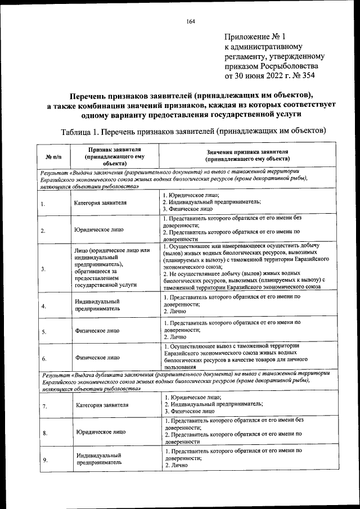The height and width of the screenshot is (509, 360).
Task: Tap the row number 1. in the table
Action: (x=43, y=204)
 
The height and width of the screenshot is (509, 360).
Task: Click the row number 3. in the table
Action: (x=43, y=269)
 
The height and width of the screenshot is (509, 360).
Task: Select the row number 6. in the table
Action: (x=44, y=357)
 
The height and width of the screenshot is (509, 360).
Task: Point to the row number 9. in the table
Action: (x=44, y=460)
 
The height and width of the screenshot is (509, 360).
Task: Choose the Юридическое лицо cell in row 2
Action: (x=99, y=230)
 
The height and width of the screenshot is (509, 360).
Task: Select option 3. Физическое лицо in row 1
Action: (x=188, y=209)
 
